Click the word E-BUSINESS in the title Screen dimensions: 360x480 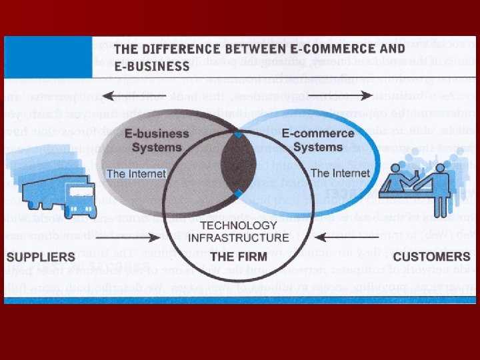[x=152, y=66]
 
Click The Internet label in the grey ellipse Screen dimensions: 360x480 [x=133, y=174]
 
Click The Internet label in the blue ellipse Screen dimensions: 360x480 [x=340, y=173]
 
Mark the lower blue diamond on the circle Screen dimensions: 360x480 [x=238, y=193]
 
